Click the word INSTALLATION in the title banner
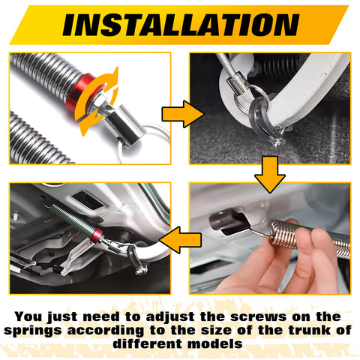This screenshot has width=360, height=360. [180, 25]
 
